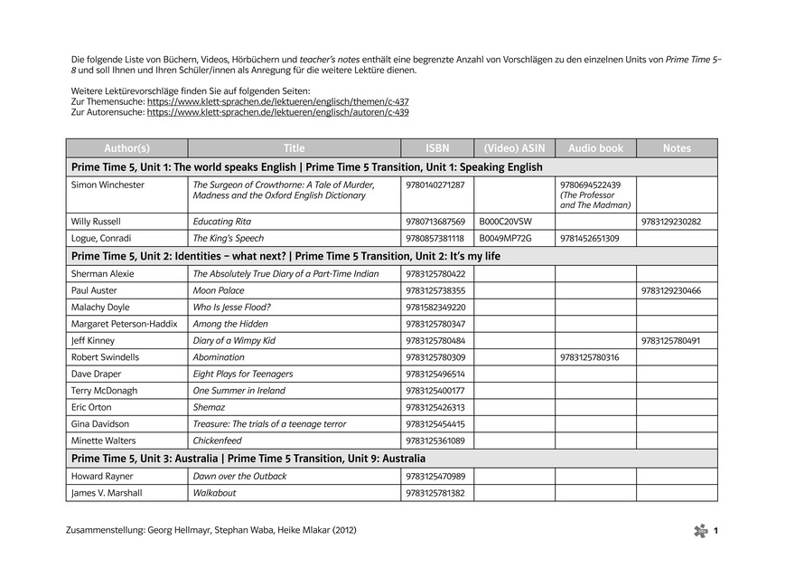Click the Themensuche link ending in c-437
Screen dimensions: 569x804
276,102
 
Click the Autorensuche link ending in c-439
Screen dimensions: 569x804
277,113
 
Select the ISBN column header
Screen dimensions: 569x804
437,148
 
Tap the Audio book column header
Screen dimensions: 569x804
595,148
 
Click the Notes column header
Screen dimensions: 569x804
677,148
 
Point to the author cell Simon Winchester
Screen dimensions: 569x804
108,185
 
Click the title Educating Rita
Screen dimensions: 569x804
222,222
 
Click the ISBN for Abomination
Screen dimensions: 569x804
435,357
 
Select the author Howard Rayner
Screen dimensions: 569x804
102,476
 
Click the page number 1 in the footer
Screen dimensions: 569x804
715,531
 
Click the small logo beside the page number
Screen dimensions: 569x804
700,531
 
